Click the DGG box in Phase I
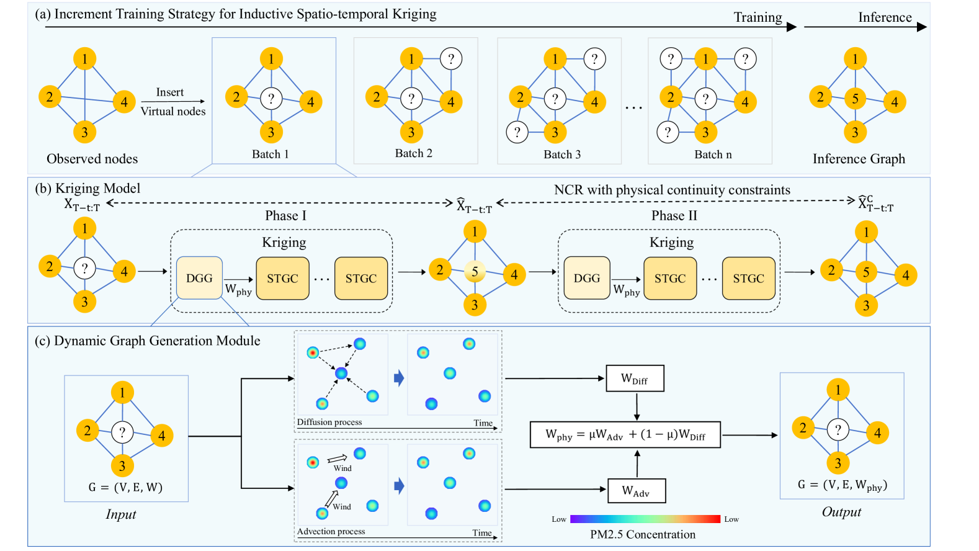[x=199, y=278]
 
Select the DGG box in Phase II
[x=586, y=278]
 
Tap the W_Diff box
[x=635, y=379]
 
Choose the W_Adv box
[x=636, y=491]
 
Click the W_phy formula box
[x=625, y=434]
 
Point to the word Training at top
[x=758, y=17]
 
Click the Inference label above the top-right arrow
[x=885, y=17]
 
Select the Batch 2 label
[x=414, y=153]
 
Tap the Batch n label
[x=713, y=155]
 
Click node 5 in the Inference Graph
[x=855, y=98]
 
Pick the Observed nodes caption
[x=92, y=159]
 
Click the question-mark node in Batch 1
[x=271, y=98]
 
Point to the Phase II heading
[x=674, y=215]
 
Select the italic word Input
[x=121, y=514]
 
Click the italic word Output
[x=841, y=512]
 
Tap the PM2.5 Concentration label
[x=643, y=534]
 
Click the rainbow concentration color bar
[x=645, y=519]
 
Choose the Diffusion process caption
[x=329, y=422]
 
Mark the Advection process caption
[x=331, y=531]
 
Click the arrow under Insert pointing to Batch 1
[x=172, y=101]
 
